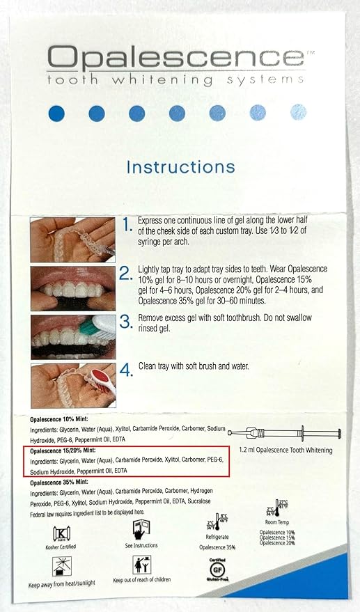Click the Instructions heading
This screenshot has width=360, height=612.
(x=180, y=167)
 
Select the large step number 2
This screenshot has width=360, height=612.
(x=126, y=274)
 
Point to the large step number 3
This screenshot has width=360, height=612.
(x=126, y=322)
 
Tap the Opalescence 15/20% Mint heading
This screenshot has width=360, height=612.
(x=63, y=451)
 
